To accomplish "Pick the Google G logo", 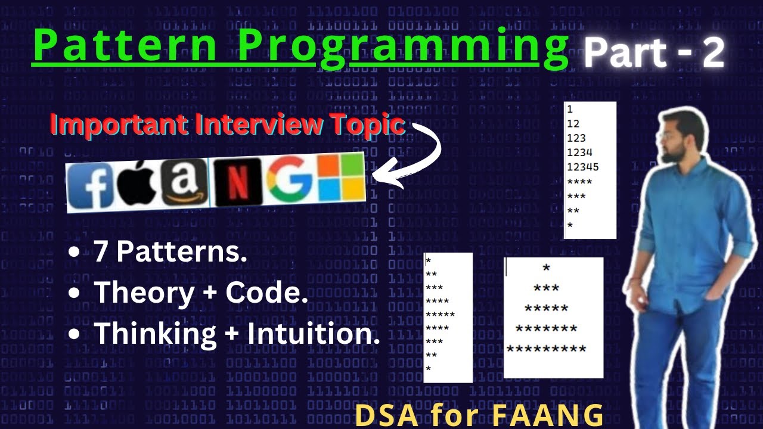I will tap(289, 179).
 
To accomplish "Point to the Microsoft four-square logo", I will tap(341, 177).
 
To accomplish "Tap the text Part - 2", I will tap(653, 54).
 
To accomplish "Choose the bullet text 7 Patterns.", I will tap(170, 253).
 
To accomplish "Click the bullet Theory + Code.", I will tap(201, 293).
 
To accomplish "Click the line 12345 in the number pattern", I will tap(583, 167).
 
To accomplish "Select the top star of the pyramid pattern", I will tap(546, 269).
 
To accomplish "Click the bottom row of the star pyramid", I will tap(546, 349).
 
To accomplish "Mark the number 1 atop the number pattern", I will tap(570, 110).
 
